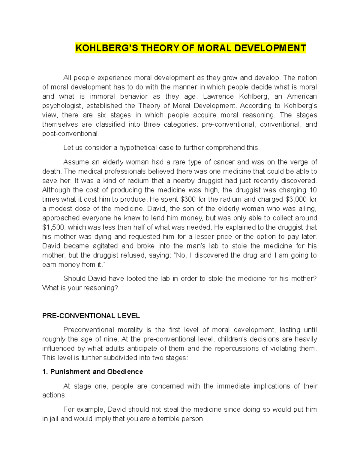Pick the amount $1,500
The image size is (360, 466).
(x=54, y=227)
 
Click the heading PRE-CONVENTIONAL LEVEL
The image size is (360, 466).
(x=91, y=316)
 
